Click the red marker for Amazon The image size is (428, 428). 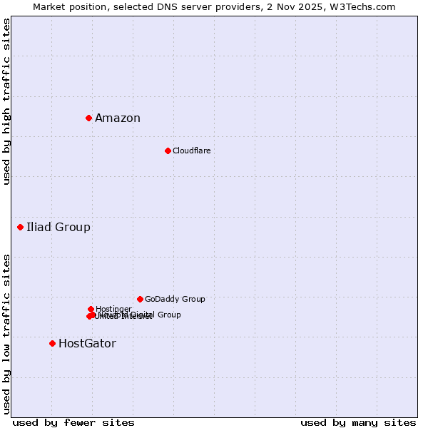tap(88, 118)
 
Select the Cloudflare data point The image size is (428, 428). tap(168, 151)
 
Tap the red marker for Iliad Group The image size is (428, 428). tap(20, 227)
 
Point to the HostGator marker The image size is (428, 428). tap(52, 343)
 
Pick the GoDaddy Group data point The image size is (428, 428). tap(140, 299)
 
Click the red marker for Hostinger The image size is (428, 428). tap(91, 309)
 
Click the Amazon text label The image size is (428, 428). tap(118, 118)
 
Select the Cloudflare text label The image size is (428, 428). tap(191, 151)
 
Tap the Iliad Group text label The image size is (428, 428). tap(58, 228)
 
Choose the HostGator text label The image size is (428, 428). tap(87, 344)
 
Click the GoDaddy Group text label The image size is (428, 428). tap(175, 300)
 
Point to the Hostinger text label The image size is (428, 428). tap(113, 309)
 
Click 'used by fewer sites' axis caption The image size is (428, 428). tap(73, 422)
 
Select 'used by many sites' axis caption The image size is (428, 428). tap(358, 422)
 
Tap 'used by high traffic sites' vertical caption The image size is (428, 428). tap(6, 101)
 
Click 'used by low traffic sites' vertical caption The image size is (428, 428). tap(6, 333)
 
